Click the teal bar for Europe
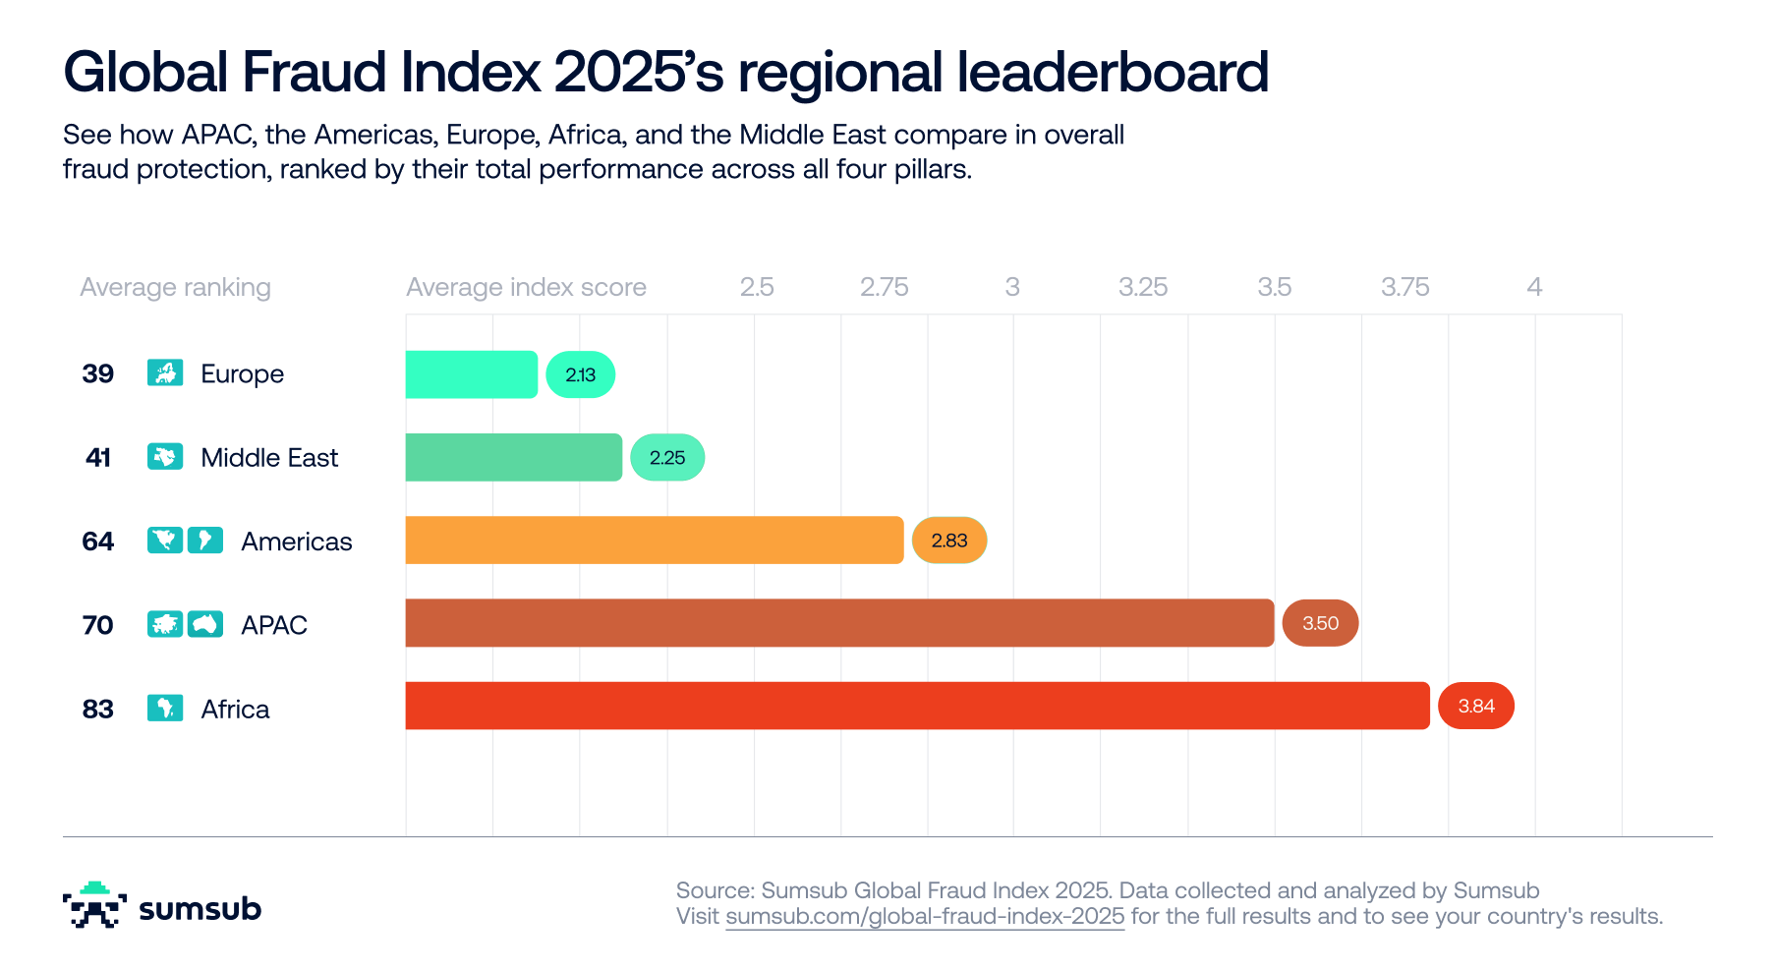pos(472,374)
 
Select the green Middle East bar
pos(514,457)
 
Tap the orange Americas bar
pos(655,540)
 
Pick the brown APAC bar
pos(839,623)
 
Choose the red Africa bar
pos(917,706)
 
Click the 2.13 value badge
pos(581,374)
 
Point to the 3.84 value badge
pos(1476,706)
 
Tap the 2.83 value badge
pos(949,540)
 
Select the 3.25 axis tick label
pos(1143,287)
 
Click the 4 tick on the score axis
pos(1534,287)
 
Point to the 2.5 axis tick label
pos(757,287)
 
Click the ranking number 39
pos(98,373)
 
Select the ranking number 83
pos(98,709)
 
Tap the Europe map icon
pos(165,372)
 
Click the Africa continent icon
pos(165,708)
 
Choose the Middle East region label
pos(269,458)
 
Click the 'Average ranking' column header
pos(175,287)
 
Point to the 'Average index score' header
pos(526,287)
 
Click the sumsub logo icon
pos(94,905)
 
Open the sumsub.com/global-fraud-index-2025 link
pos(925,917)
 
